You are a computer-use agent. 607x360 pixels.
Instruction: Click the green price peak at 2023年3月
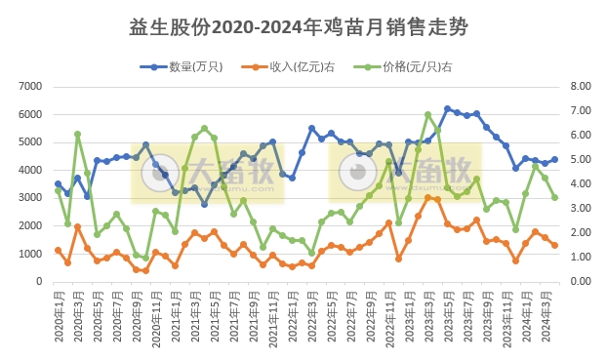[x=427, y=114]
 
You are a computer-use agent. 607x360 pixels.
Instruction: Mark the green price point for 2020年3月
[x=77, y=134]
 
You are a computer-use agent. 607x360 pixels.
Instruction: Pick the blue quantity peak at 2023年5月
[x=447, y=109]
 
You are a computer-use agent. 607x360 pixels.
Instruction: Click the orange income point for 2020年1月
[x=58, y=250]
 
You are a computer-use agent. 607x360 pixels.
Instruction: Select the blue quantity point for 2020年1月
[x=58, y=183]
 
